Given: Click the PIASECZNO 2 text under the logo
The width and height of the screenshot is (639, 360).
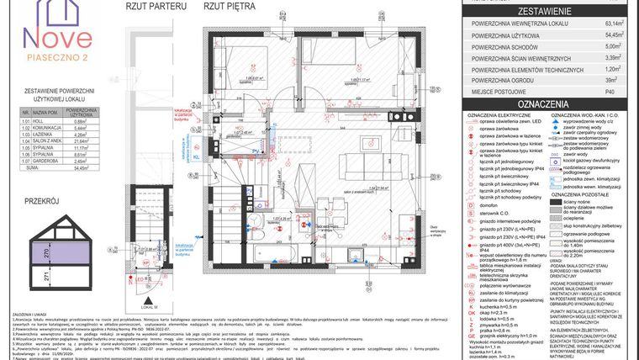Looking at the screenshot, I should point(55,57).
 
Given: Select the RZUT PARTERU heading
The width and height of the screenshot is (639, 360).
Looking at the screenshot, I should point(156,6).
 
